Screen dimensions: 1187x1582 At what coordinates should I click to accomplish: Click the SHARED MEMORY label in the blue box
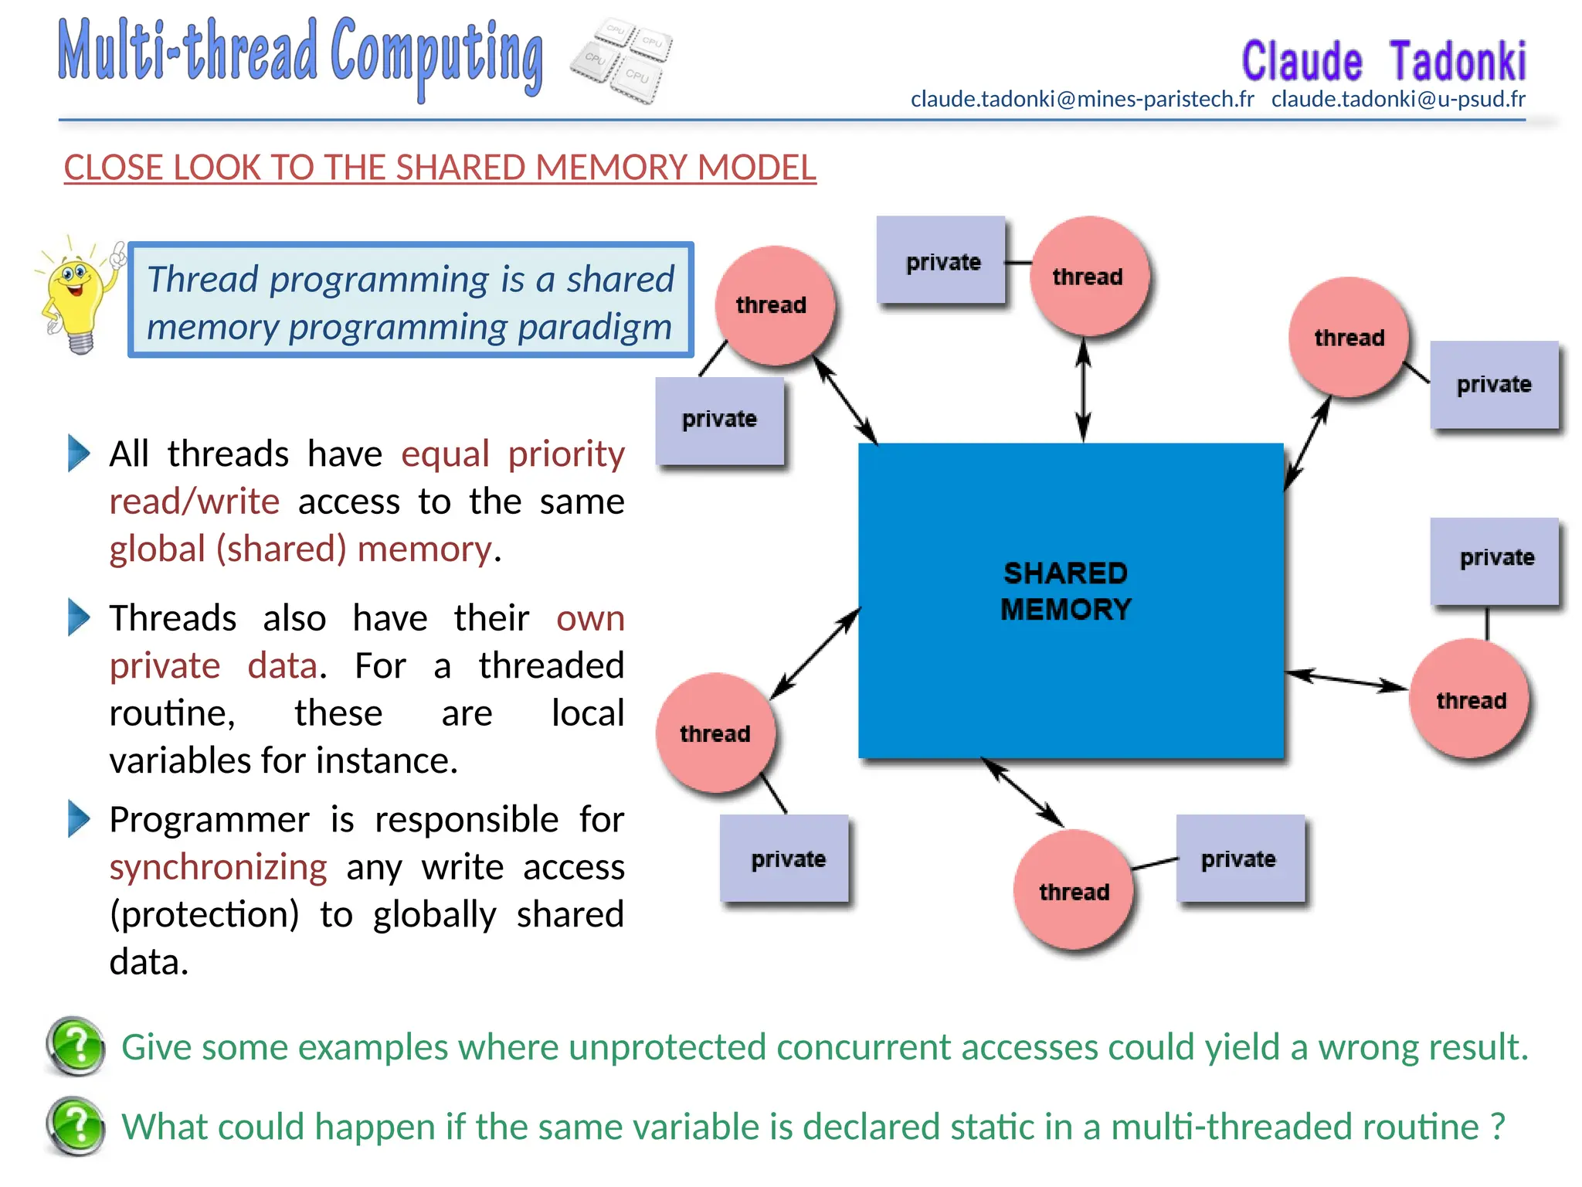(1065, 591)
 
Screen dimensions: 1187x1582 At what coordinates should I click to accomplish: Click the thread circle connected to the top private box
(1088, 276)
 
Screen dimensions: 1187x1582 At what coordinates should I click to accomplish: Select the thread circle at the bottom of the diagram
(1074, 890)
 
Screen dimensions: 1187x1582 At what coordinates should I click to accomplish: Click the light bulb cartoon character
(77, 298)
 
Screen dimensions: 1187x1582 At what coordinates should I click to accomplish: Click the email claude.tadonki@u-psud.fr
(1398, 99)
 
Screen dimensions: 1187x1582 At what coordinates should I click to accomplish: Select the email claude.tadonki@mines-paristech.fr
(1082, 99)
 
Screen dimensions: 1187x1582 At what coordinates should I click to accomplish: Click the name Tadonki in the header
(1458, 62)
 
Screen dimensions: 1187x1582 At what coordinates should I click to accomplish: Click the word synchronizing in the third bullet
(218, 866)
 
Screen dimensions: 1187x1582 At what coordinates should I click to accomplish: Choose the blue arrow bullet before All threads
(79, 453)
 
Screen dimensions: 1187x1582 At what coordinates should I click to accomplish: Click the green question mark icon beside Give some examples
(76, 1046)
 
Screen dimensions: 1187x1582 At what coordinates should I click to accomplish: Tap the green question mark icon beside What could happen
(76, 1126)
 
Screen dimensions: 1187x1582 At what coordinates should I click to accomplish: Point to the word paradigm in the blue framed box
(595, 327)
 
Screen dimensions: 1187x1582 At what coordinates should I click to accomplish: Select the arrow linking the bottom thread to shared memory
(1022, 792)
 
